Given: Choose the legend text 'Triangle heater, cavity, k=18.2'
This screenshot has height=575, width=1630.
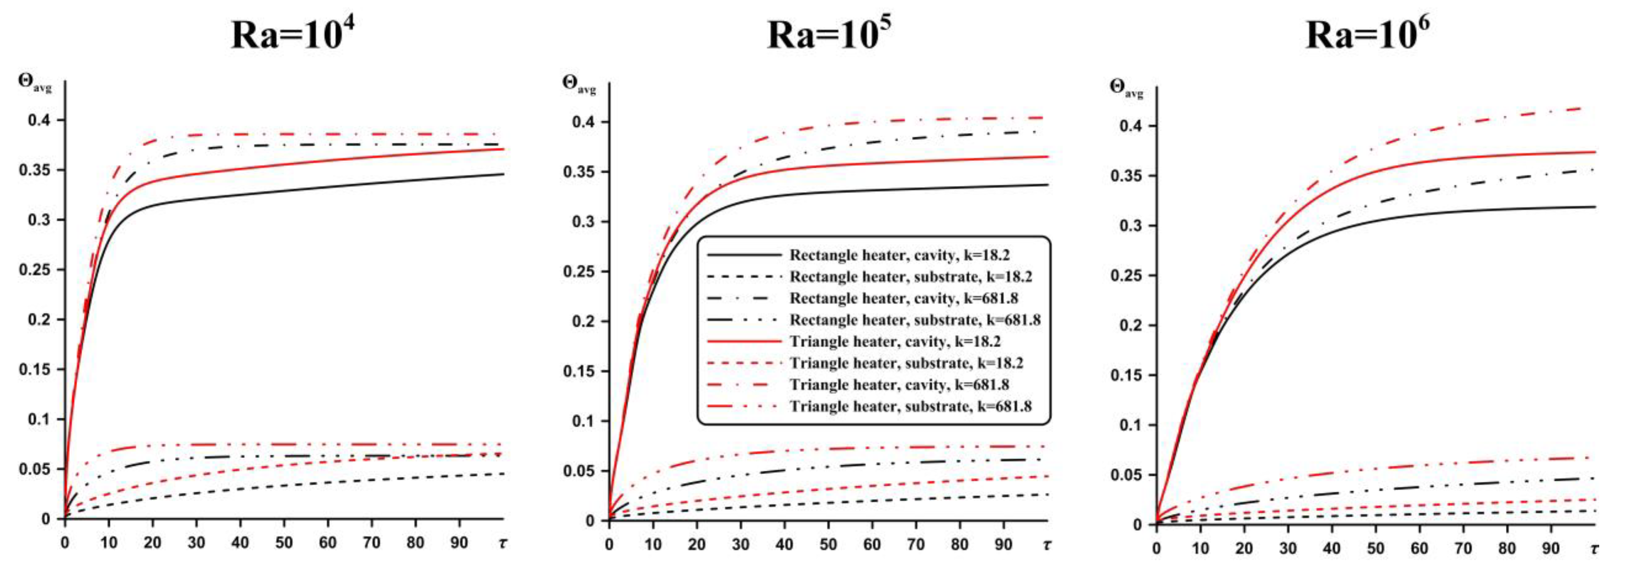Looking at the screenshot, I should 895,341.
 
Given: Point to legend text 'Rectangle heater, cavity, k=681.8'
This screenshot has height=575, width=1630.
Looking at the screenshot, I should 904,298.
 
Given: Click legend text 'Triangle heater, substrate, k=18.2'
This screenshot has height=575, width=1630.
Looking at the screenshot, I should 906,363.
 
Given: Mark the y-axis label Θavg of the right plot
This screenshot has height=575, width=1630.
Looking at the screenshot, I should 1127,89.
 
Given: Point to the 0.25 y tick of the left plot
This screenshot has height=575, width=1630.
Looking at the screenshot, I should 35,270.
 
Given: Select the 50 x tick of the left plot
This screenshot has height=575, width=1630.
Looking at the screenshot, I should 283,543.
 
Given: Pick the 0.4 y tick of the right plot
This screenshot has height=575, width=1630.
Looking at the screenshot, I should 1129,126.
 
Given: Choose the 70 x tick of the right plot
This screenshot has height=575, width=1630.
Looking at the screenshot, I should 1463,548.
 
